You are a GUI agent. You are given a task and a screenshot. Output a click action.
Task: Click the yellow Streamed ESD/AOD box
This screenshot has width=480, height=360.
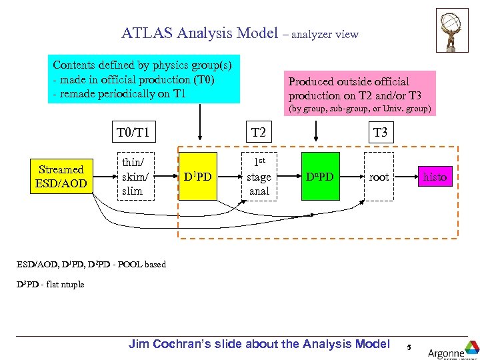pyautogui.click(x=61, y=177)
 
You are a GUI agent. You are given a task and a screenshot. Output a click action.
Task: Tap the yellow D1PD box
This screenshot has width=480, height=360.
pyautogui.click(x=197, y=177)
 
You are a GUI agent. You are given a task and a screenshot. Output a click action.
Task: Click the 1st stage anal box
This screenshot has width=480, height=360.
pyautogui.click(x=259, y=177)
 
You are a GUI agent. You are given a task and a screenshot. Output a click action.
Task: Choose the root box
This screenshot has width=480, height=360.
pyautogui.click(x=379, y=177)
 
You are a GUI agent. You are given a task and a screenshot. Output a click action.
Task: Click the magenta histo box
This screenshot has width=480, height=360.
pyautogui.click(x=435, y=177)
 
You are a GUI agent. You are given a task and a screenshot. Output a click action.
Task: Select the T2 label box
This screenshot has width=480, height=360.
pyautogui.click(x=259, y=133)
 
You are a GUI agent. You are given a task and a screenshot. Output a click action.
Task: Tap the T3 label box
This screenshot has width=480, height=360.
pyautogui.click(x=380, y=133)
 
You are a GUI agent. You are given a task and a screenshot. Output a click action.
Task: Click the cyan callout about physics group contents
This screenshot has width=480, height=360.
pyautogui.click(x=146, y=79)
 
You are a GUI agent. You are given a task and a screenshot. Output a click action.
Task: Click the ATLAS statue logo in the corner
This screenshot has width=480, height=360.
pyautogui.click(x=452, y=30)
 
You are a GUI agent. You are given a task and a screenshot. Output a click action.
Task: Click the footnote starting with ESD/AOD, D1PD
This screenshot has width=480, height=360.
pyautogui.click(x=91, y=264)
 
